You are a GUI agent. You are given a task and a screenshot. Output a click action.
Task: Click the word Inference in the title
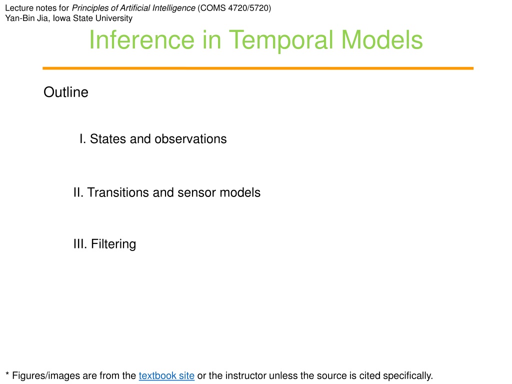[x=141, y=40]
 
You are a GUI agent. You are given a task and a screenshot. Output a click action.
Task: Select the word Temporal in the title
[x=281, y=40]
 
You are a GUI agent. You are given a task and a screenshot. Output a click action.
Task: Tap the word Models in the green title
[x=381, y=40]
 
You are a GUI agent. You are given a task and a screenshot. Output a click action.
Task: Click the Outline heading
[x=66, y=92]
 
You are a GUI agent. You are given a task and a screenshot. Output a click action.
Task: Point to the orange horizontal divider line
[x=258, y=68]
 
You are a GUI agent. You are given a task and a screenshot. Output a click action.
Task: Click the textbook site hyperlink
[x=166, y=375]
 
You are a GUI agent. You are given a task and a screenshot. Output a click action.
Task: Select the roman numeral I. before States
[x=83, y=139]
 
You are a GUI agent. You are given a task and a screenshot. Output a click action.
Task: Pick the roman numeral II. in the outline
[x=78, y=192]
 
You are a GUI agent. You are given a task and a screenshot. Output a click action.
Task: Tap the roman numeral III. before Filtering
[x=80, y=244]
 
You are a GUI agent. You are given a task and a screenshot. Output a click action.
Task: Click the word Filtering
[x=113, y=244]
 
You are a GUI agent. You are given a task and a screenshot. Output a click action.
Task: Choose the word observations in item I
[x=190, y=139]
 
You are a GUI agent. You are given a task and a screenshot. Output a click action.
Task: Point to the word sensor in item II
[x=196, y=193]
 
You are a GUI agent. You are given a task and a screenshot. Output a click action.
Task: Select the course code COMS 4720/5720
[x=234, y=8]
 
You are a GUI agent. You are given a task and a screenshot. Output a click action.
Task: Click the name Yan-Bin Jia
[x=26, y=18]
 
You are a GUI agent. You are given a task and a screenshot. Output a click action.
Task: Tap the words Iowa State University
[x=92, y=18]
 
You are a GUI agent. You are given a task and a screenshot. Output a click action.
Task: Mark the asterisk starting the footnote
[x=7, y=373]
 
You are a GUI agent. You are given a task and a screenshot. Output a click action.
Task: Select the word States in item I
[x=108, y=139]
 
